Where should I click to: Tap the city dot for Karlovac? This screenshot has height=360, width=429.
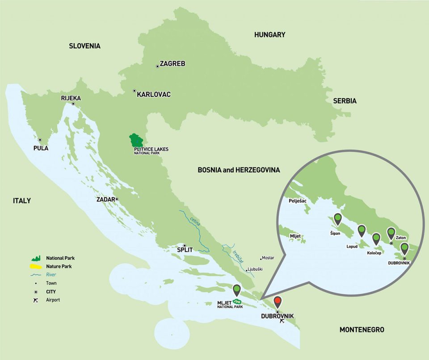135,91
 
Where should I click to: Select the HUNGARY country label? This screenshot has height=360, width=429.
269,34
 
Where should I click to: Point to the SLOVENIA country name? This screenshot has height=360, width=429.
84,46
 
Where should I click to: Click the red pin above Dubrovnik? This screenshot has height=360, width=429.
278,302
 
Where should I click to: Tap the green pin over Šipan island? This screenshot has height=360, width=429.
337,219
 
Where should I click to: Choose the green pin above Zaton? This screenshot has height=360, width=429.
391,233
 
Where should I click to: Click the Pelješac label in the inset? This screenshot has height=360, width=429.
298,201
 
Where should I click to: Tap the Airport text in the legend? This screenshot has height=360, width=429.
53,300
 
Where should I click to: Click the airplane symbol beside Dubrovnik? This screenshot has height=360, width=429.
282,321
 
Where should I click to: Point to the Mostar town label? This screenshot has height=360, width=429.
269,258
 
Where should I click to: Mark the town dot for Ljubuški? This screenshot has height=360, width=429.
246,270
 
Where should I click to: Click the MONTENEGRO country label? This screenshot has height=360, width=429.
362,330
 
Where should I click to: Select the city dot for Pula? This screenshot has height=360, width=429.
40,140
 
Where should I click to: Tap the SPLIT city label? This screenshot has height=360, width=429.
185,250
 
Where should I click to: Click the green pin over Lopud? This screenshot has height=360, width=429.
362,230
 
